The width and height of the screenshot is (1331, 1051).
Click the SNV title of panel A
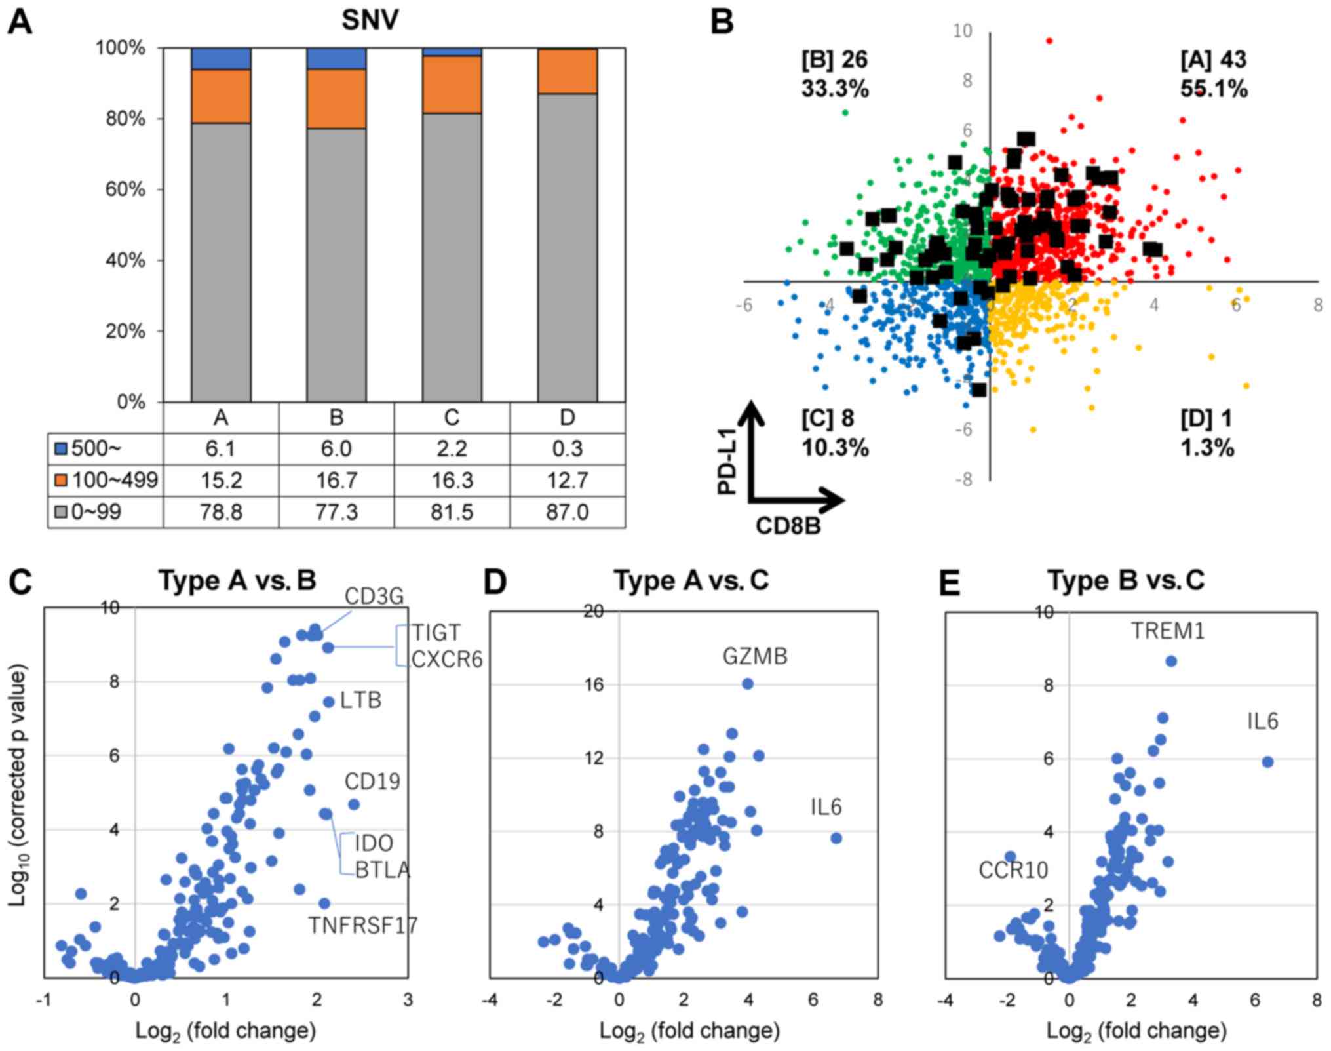click(x=370, y=20)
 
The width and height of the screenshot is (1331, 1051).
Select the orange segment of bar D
click(x=568, y=71)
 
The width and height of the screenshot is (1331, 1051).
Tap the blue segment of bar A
click(x=221, y=58)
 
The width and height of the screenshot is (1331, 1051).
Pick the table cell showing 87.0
click(x=567, y=511)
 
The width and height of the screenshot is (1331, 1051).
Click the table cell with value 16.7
click(x=336, y=480)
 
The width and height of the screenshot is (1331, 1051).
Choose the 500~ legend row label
click(x=96, y=448)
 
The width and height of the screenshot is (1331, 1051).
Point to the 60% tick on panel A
click(x=121, y=189)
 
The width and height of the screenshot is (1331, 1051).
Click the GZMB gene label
click(x=755, y=656)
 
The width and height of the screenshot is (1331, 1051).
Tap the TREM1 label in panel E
click(x=1168, y=631)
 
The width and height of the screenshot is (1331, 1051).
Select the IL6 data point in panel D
click(x=836, y=838)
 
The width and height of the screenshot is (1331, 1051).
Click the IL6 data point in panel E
click(x=1267, y=762)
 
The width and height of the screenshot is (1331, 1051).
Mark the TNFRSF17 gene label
click(x=363, y=925)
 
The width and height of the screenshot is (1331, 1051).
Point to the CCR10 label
click(x=1013, y=870)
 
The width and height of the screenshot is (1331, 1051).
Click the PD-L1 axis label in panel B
click(x=727, y=459)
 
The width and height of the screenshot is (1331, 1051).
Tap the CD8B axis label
click(x=788, y=525)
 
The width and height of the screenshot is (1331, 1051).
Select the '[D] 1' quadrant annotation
click(x=1206, y=418)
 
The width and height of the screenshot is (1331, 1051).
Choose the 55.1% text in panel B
click(x=1214, y=89)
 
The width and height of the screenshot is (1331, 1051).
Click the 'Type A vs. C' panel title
click(x=691, y=580)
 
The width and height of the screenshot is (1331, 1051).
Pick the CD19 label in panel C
click(x=372, y=782)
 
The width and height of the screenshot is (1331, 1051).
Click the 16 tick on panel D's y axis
click(x=594, y=684)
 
